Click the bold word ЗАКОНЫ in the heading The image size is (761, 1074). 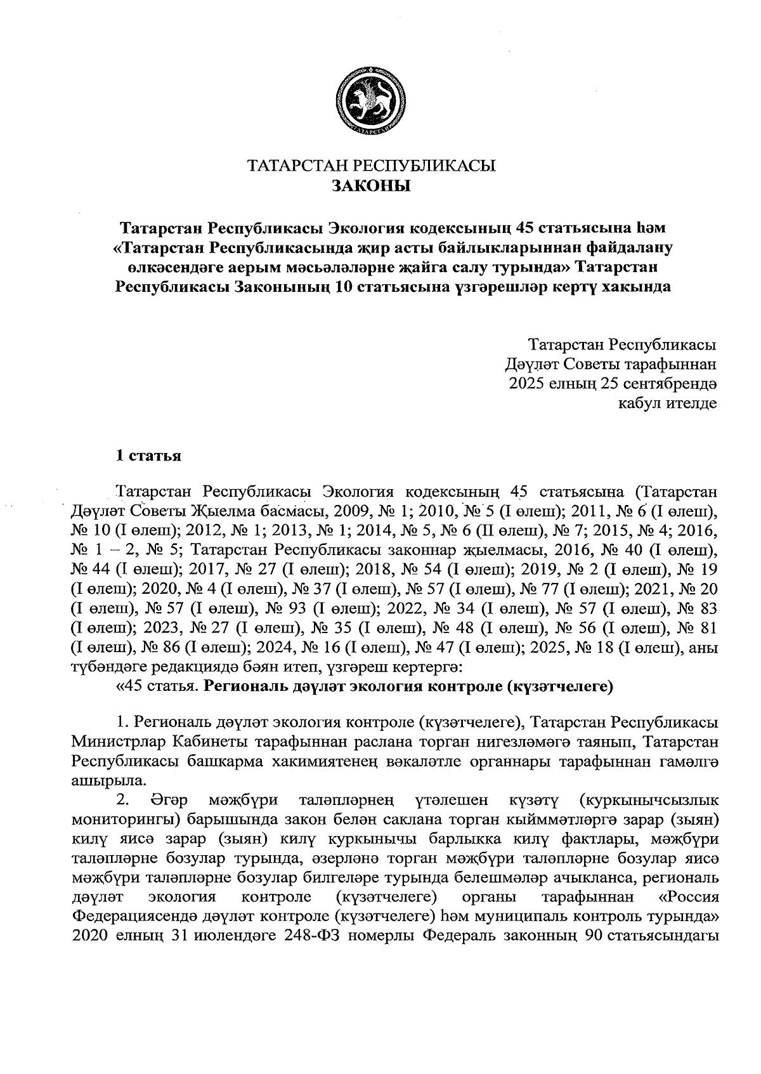click(370, 186)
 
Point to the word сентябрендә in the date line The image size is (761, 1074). click(677, 383)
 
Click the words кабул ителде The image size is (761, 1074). click(668, 403)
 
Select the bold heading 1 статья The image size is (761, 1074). click(148, 455)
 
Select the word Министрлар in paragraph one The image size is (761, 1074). click(114, 741)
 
